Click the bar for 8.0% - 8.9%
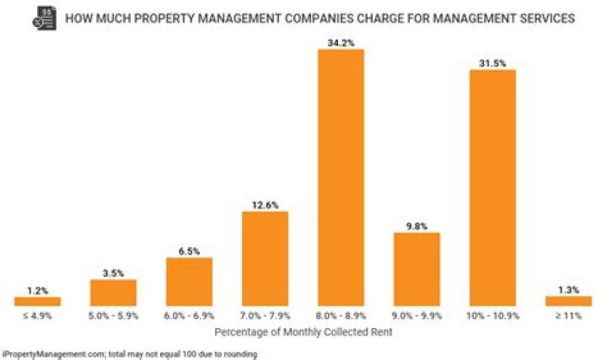341,177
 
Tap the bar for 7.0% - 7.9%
265,258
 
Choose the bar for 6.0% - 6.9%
189,282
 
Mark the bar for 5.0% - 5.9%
113,292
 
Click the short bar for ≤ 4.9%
37,301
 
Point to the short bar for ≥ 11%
568,301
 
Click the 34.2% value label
341,41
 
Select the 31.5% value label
492,62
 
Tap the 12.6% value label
265,203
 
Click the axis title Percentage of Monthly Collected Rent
303,333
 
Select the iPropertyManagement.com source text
51,353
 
